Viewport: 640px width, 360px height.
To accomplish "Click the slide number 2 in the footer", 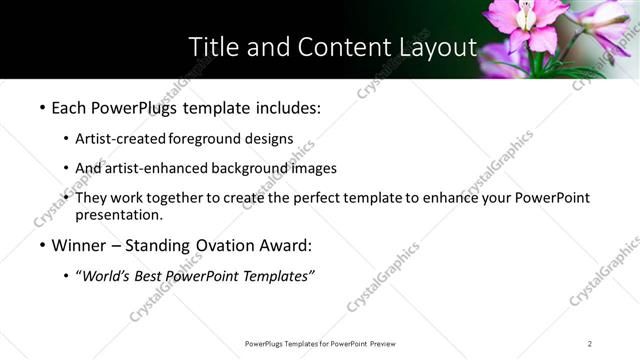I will pyautogui.click(x=590, y=344).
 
